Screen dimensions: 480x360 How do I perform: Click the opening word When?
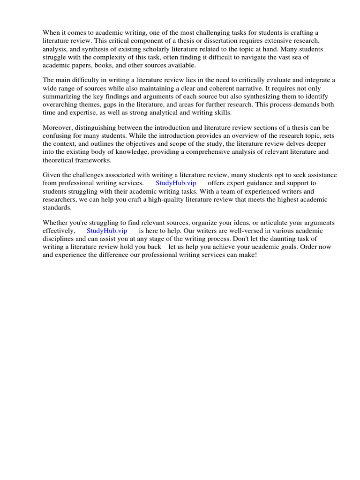[52, 33]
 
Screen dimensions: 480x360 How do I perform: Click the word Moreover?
[59, 127]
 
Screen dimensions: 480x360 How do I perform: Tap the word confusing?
[59, 135]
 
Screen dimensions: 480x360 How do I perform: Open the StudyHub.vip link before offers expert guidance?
[176, 183]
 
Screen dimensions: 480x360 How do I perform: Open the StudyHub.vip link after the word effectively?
[107, 231]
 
